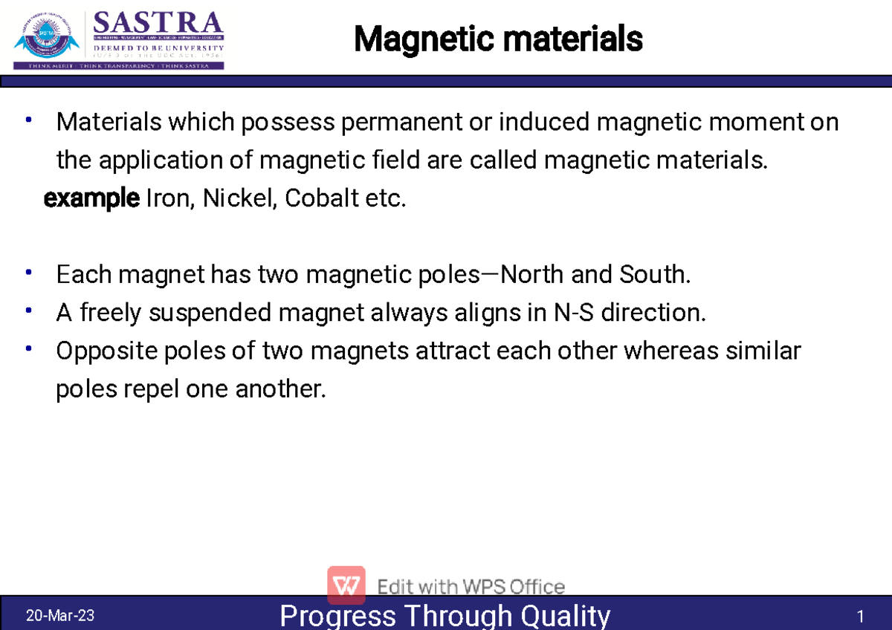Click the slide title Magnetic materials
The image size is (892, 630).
498,39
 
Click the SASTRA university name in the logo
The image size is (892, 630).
158,25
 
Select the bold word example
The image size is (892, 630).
91,199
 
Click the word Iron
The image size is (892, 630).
167,199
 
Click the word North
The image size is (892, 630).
532,275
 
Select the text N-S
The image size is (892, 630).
575,313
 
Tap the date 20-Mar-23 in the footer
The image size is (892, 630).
59,616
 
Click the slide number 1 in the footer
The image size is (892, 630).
860,617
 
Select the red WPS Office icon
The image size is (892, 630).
346,585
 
